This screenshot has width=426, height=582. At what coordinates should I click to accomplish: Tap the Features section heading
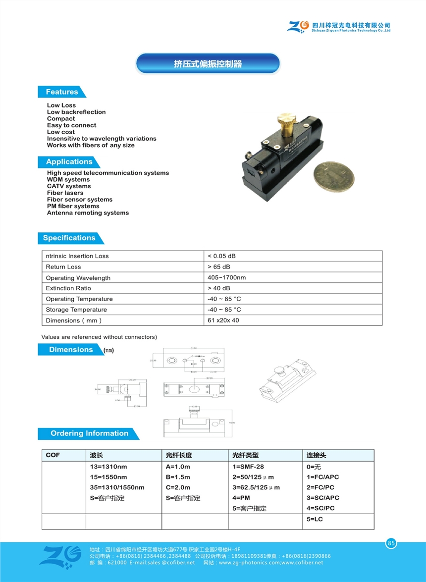click(x=62, y=92)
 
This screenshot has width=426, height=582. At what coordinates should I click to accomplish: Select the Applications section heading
click(x=69, y=162)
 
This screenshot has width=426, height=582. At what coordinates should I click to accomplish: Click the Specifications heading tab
click(x=69, y=238)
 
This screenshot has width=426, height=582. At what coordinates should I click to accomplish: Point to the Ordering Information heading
click(x=89, y=433)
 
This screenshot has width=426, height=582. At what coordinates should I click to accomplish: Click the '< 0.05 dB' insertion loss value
click(x=221, y=256)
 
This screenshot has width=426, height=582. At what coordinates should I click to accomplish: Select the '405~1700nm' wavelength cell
click(x=226, y=277)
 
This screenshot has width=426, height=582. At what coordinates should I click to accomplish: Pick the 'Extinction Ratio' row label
click(x=68, y=288)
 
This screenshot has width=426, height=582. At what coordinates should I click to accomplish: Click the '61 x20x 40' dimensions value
click(x=223, y=320)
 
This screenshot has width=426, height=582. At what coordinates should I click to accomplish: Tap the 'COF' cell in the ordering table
click(x=53, y=455)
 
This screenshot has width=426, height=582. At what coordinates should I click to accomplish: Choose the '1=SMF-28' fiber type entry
click(x=248, y=467)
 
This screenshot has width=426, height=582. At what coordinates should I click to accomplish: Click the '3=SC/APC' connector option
click(x=322, y=498)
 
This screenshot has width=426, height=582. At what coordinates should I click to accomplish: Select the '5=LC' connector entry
click(x=315, y=519)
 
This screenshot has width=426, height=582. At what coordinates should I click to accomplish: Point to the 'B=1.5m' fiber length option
click(x=178, y=477)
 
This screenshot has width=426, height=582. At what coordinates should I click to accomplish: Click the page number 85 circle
click(x=391, y=543)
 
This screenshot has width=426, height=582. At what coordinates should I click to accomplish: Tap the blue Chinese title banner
click(x=208, y=64)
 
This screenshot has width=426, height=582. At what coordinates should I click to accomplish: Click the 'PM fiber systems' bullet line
click(x=73, y=206)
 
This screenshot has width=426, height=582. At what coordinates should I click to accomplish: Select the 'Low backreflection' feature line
click(x=76, y=112)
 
